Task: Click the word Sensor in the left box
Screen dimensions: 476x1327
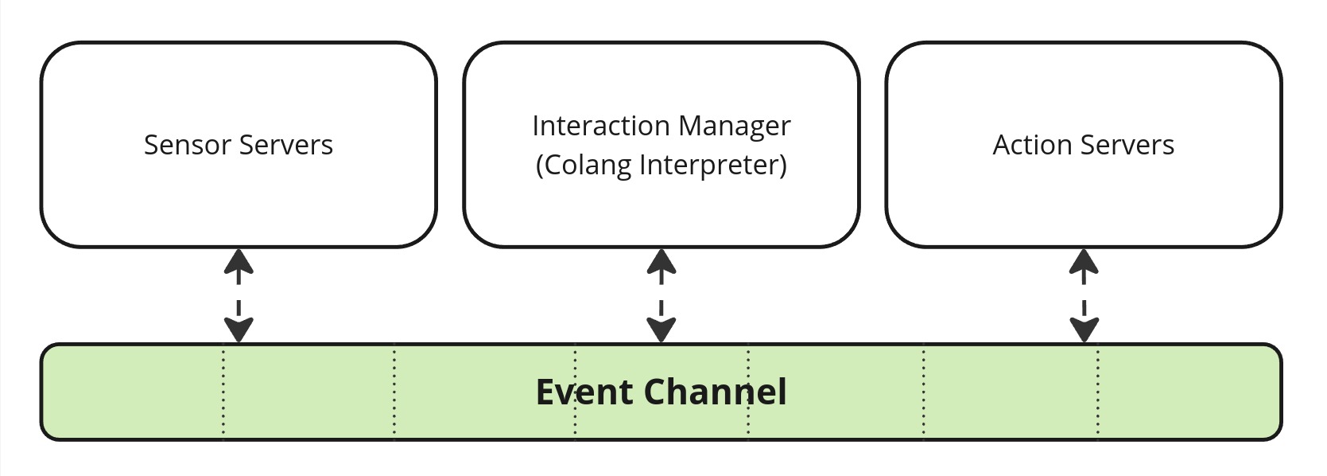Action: coord(187,145)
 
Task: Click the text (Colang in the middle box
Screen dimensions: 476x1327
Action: coord(584,165)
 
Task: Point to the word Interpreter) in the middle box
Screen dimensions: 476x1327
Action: coord(713,165)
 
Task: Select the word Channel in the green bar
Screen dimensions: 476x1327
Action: coord(715,392)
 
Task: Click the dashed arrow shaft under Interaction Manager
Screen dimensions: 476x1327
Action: coord(662,296)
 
